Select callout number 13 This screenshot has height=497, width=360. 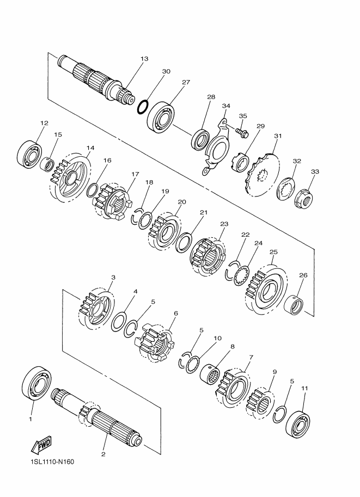[x=144, y=59]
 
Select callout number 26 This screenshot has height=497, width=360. [x=303, y=275]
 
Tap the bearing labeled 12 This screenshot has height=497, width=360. [x=29, y=154]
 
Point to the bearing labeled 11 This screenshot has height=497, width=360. [x=298, y=424]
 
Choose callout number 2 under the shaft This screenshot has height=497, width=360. [x=103, y=454]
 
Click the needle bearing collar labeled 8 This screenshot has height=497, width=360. [x=210, y=373]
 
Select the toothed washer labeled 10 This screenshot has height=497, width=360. [x=193, y=364]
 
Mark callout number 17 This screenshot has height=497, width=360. [x=135, y=174]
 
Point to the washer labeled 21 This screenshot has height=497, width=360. [x=184, y=242]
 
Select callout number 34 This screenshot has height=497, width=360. [x=226, y=106]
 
